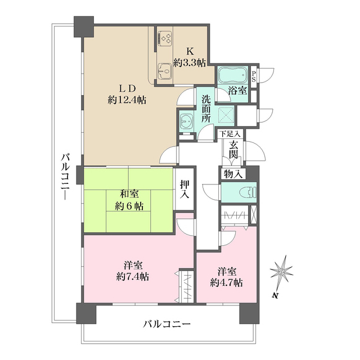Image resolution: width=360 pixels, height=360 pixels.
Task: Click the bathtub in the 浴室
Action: (x=232, y=75)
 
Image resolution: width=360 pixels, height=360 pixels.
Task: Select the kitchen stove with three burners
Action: (x=166, y=38)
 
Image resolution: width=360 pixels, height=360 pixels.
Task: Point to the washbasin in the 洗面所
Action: (x=185, y=120)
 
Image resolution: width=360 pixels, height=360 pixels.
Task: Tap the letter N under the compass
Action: (x=274, y=295)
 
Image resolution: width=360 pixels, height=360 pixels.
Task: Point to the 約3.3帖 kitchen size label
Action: (x=189, y=64)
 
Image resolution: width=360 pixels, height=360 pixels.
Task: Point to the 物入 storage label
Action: (x=233, y=174)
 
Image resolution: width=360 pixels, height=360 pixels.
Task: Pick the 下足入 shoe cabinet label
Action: (x=230, y=134)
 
